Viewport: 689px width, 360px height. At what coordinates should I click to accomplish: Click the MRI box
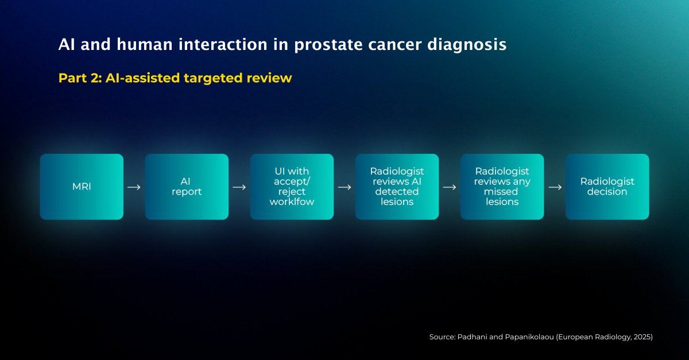tap(82, 187)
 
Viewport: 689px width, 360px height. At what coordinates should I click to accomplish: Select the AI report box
tap(187, 187)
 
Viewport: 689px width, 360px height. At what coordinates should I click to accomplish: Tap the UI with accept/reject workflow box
tap(292, 187)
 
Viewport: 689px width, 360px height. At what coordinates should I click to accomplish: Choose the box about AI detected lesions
tap(397, 187)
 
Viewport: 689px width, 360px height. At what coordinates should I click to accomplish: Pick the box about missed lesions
tap(502, 187)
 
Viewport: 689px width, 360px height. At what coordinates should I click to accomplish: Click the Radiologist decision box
tap(607, 187)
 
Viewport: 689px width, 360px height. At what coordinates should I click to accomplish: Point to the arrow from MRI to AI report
tap(134, 187)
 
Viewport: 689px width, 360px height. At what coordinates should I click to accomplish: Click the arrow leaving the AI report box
tap(239, 187)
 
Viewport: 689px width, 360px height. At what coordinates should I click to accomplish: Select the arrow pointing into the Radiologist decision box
tap(555, 187)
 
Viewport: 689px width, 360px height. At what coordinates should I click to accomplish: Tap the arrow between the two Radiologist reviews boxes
tap(450, 187)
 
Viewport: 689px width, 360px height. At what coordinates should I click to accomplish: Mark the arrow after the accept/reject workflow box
tap(344, 187)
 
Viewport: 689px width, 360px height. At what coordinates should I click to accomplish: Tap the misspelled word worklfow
tap(292, 202)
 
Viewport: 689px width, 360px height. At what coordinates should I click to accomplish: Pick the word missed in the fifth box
tap(502, 192)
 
